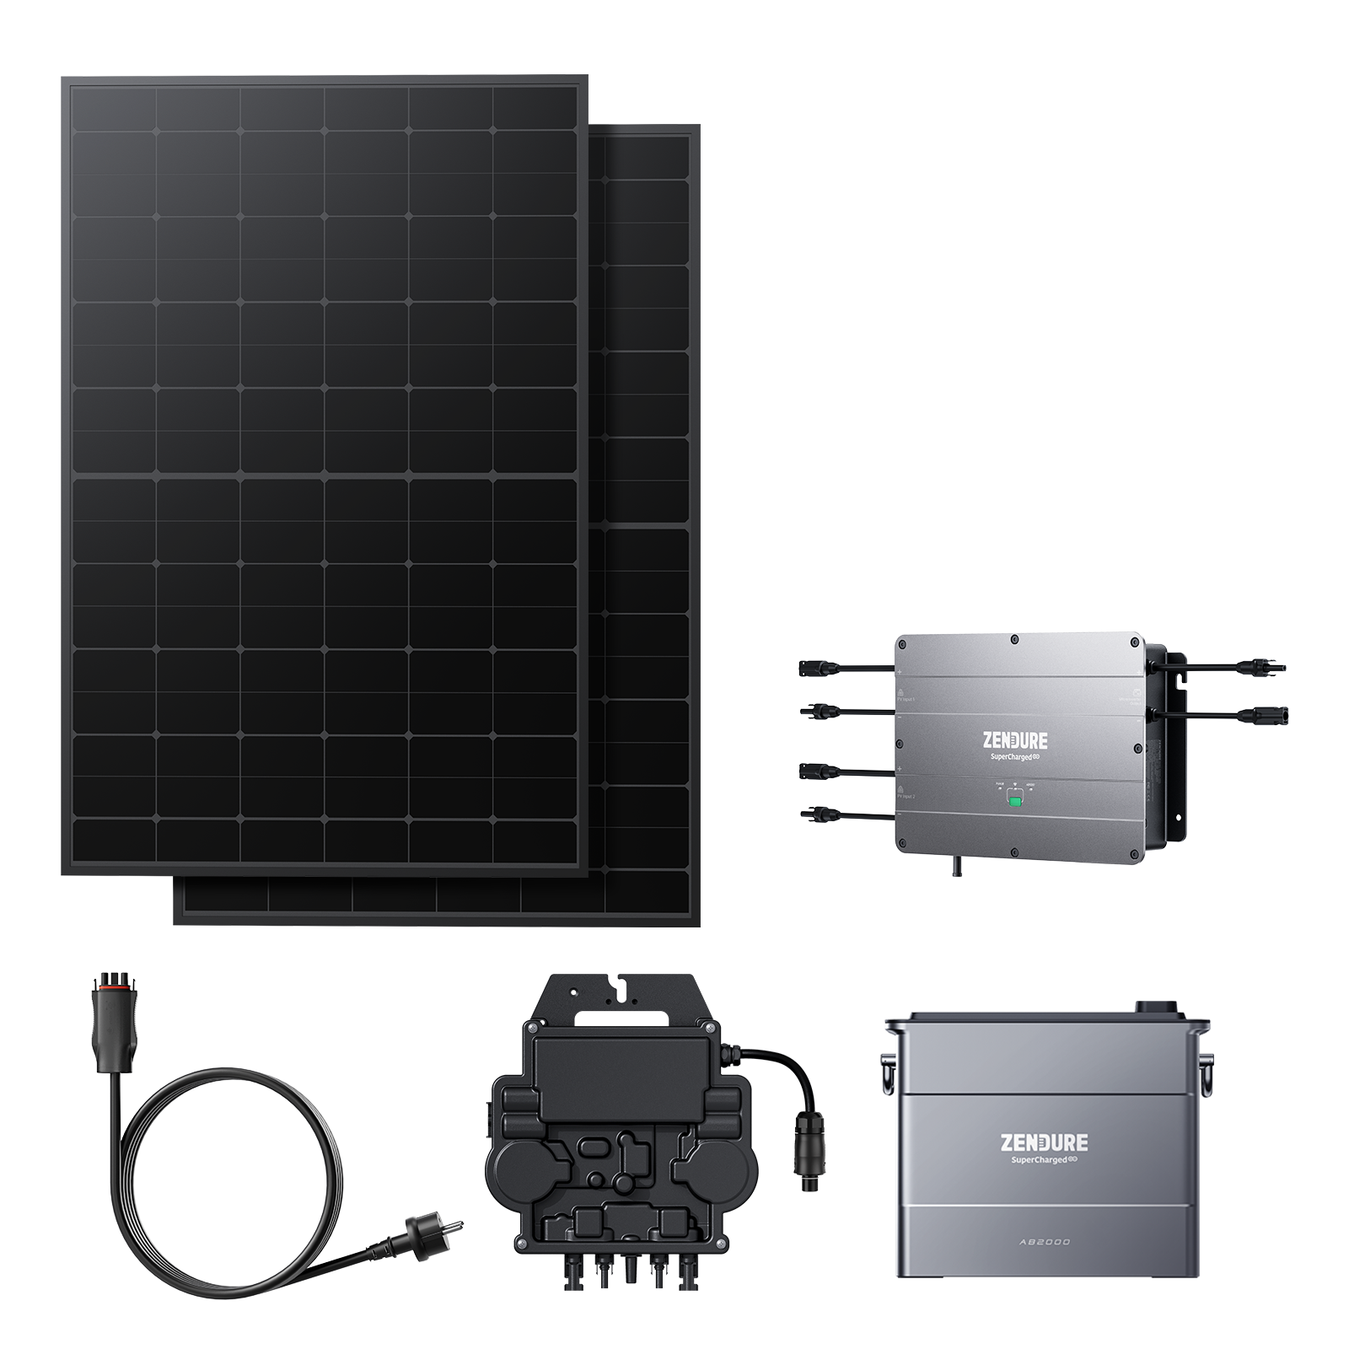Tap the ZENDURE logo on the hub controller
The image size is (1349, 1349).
pyautogui.click(x=1015, y=741)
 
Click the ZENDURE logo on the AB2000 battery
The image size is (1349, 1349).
pyautogui.click(x=1044, y=1143)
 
